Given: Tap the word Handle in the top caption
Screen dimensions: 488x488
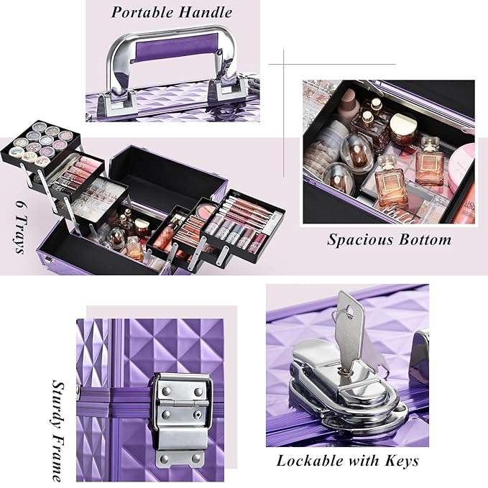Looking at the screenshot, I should pyautogui.click(x=208, y=12).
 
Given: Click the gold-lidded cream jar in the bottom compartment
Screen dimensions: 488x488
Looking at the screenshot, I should pyautogui.click(x=402, y=128).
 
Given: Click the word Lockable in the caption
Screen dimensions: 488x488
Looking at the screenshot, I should pyautogui.click(x=312, y=461).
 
